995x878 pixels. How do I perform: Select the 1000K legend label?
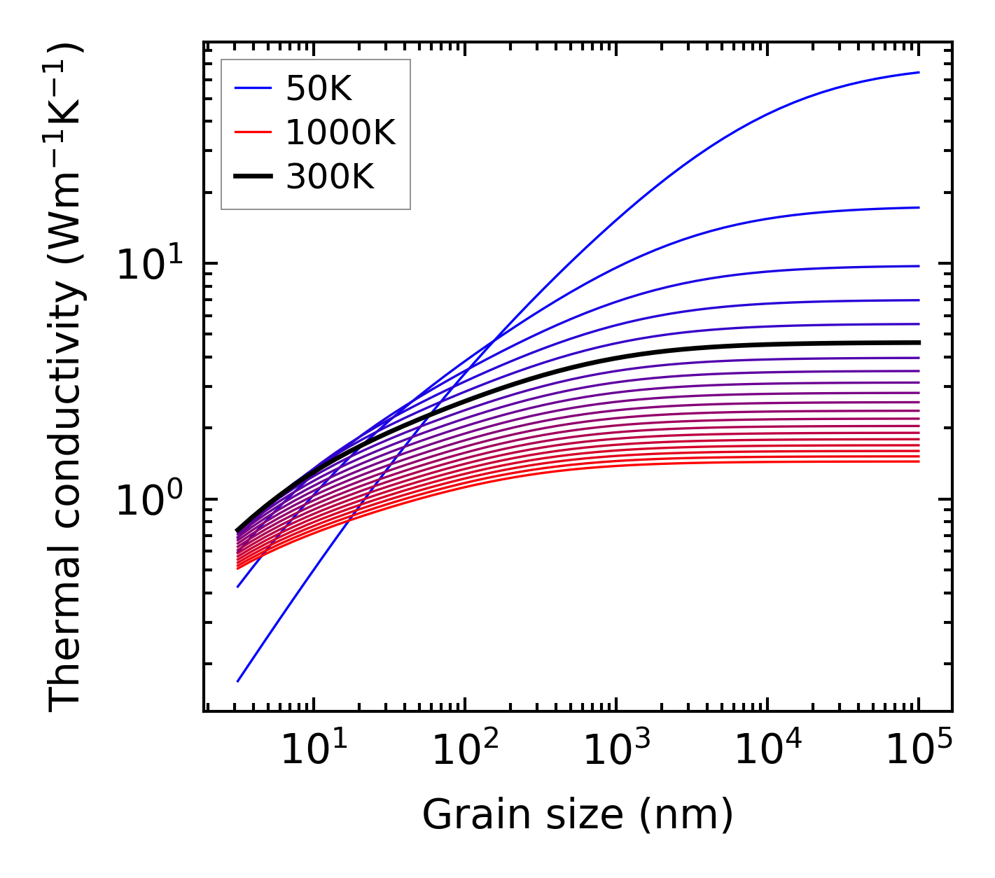pyautogui.click(x=340, y=132)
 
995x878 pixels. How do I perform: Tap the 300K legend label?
pyautogui.click(x=330, y=177)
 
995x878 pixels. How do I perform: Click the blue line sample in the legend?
pyautogui.click(x=252, y=88)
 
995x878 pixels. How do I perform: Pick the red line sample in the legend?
pyautogui.click(x=252, y=132)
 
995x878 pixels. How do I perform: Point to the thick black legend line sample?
pyautogui.click(x=252, y=177)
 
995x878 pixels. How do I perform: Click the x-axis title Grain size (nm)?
pyautogui.click(x=578, y=815)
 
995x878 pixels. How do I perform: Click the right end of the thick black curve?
pyautogui.click(x=918, y=342)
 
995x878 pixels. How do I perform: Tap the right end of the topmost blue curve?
pyautogui.click(x=918, y=72)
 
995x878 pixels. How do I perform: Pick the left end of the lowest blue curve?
pyautogui.click(x=238, y=681)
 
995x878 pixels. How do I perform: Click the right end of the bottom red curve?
pyautogui.click(x=918, y=461)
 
